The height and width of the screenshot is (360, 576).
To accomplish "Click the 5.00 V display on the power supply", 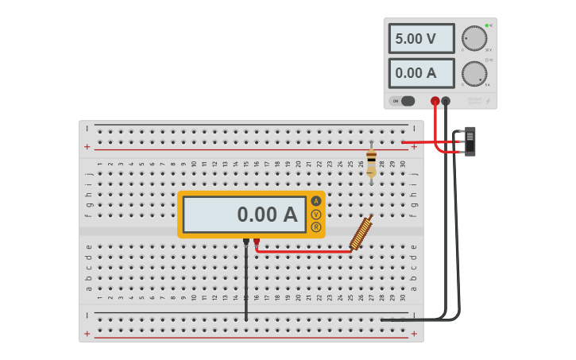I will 421,38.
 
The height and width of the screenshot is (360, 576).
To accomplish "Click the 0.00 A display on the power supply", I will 421,73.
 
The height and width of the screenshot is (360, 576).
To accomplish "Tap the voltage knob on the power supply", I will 474,38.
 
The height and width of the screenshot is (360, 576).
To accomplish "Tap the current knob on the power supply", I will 474,73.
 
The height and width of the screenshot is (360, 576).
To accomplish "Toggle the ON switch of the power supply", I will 407,101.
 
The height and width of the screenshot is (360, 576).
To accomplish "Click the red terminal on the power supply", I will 435,101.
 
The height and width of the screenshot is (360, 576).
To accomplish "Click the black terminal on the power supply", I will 446,101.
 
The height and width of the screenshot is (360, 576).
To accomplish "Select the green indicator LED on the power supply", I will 486,25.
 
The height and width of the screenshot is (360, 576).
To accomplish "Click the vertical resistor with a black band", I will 371,162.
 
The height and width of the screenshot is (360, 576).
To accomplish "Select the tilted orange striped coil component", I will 361,233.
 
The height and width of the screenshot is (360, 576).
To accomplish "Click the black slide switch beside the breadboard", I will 470,141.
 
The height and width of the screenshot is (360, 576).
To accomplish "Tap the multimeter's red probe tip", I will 256,241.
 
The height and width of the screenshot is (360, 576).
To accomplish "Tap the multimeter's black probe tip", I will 246,241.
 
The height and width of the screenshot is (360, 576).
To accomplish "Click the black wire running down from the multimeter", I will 246,286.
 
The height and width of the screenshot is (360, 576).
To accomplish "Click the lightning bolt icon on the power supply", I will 488,101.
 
